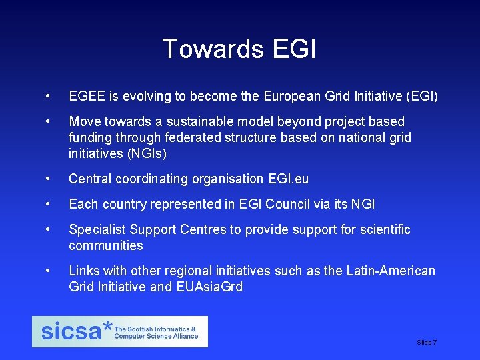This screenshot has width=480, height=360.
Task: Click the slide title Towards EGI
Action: click(x=239, y=49)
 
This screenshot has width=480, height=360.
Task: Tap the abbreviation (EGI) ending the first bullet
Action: click(x=421, y=97)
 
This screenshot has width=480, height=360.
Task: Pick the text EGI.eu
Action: click(x=287, y=179)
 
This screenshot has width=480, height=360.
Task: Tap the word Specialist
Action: click(x=97, y=230)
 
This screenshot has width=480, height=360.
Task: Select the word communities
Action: click(x=106, y=246)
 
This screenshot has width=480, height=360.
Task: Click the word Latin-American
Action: click(x=391, y=271)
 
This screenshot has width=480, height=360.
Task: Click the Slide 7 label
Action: click(x=427, y=342)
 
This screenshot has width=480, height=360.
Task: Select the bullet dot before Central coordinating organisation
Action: click(x=47, y=179)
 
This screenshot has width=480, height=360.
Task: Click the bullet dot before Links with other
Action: click(x=47, y=271)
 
